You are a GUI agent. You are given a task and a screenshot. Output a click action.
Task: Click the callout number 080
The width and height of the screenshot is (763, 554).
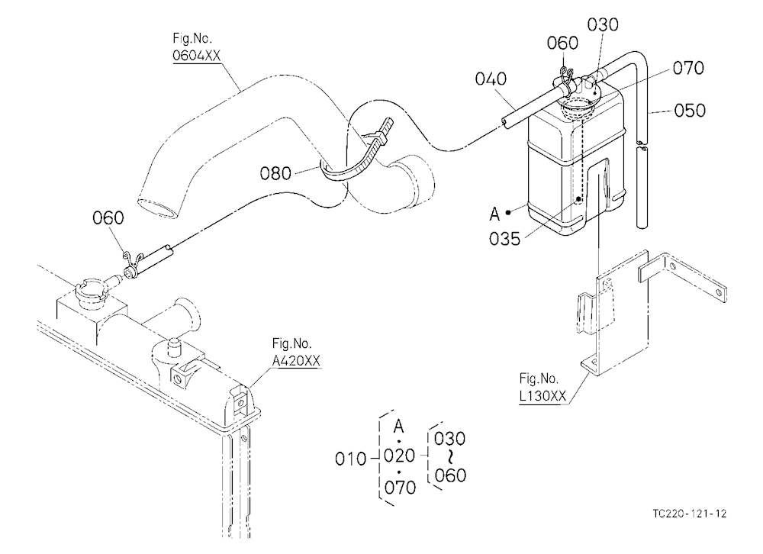tap(275, 172)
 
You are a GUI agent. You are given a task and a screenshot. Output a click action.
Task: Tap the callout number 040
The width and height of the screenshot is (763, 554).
tap(491, 79)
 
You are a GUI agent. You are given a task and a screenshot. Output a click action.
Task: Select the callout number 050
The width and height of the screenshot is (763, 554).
tap(690, 111)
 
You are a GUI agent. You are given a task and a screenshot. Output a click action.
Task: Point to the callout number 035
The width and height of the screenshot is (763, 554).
tap(504, 239)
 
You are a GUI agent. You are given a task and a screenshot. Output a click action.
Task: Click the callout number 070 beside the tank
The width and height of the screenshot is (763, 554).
tap(688, 68)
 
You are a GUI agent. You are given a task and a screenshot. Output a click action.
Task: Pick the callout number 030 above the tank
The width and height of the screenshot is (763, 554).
tap(603, 24)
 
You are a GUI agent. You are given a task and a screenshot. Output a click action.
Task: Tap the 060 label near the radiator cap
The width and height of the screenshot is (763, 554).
tap(108, 217)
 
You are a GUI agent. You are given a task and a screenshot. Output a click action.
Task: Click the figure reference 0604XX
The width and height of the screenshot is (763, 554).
tap(197, 56)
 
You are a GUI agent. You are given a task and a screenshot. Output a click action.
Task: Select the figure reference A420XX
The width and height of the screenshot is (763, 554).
tap(296, 361)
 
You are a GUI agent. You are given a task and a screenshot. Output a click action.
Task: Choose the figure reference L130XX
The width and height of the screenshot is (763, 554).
tap(542, 396)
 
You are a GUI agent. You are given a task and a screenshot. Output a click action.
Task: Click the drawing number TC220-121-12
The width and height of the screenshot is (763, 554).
tap(690, 514)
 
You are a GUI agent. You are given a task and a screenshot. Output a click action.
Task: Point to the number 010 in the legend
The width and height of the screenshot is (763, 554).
tap(350, 459)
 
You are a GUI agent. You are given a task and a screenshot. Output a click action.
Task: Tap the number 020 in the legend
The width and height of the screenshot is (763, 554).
tap(400, 456)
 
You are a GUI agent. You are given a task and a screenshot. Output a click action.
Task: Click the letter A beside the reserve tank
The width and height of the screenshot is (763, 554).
tap(495, 213)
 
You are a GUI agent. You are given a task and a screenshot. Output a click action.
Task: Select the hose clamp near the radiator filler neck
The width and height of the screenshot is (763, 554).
tap(130, 266)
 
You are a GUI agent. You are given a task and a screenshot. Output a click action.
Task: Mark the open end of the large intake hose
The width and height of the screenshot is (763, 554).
tap(156, 208)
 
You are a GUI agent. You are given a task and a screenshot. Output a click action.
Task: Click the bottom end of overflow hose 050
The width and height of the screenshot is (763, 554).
tap(642, 226)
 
